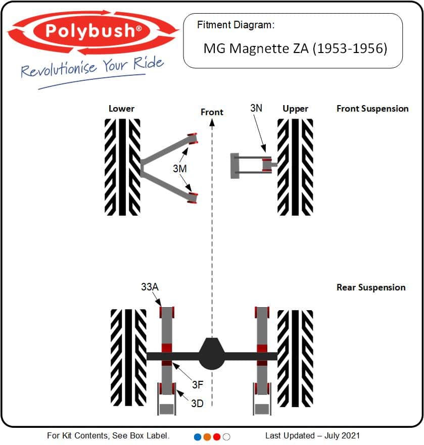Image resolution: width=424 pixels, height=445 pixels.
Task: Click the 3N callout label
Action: tap(256, 108)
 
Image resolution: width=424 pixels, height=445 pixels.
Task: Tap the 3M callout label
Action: tap(180, 169)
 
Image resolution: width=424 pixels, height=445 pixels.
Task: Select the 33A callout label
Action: tap(150, 287)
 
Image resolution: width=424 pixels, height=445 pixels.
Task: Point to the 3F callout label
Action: tap(197, 384)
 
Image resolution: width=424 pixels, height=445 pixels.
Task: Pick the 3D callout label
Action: tap(197, 403)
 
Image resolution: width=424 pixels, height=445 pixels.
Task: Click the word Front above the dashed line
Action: tap(212, 112)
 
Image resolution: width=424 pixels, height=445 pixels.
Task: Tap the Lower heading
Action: tap(121, 108)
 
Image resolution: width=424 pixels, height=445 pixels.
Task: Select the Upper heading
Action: tap(295, 108)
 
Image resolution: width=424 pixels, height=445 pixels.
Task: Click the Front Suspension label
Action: tap(372, 108)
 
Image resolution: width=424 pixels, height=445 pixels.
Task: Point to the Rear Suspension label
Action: tap(371, 287)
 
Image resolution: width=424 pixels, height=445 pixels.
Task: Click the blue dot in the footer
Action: tap(198, 436)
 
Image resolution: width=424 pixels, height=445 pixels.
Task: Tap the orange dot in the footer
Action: tap(207, 436)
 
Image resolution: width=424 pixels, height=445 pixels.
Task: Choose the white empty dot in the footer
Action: tap(226, 436)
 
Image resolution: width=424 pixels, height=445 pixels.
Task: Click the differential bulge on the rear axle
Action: tap(212, 354)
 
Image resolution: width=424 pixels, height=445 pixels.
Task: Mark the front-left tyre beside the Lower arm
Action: tap(122, 167)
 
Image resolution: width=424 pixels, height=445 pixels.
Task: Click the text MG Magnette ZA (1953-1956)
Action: tap(295, 48)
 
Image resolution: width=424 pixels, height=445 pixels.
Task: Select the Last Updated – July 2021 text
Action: tap(312, 435)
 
